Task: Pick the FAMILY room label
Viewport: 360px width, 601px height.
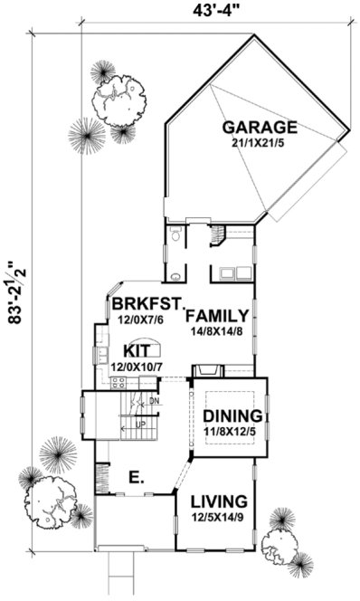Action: (217, 316)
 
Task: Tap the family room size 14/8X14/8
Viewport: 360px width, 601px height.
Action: (217, 331)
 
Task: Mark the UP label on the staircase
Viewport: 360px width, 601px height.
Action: (140, 424)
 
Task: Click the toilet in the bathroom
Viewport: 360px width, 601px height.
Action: (175, 236)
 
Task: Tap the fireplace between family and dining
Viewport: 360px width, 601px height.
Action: (207, 369)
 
